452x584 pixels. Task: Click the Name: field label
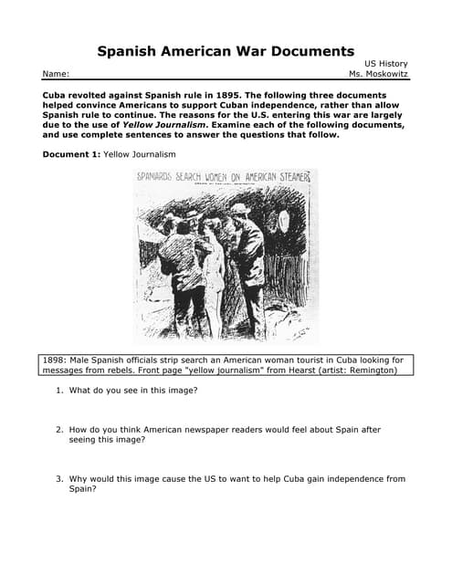pos(55,74)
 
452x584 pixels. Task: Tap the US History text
pos(385,63)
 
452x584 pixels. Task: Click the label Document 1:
pos(72,154)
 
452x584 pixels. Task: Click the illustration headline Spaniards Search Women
pos(225,176)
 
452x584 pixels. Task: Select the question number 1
pos(59,391)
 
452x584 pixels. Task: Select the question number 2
pos(59,429)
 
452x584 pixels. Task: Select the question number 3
pos(59,478)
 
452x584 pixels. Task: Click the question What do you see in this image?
pos(133,391)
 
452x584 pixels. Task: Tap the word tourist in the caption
pos(304,360)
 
